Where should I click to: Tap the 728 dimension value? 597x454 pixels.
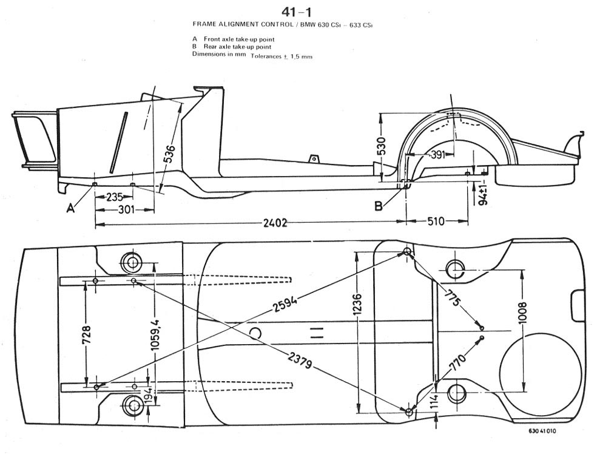pos(87,334)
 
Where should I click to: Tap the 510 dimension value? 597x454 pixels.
pos(436,222)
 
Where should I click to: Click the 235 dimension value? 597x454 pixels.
pos(115,197)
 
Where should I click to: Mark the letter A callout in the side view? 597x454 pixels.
pos(71,208)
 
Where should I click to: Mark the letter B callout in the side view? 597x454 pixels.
pos(379,206)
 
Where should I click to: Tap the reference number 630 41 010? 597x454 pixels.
pos(541,432)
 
